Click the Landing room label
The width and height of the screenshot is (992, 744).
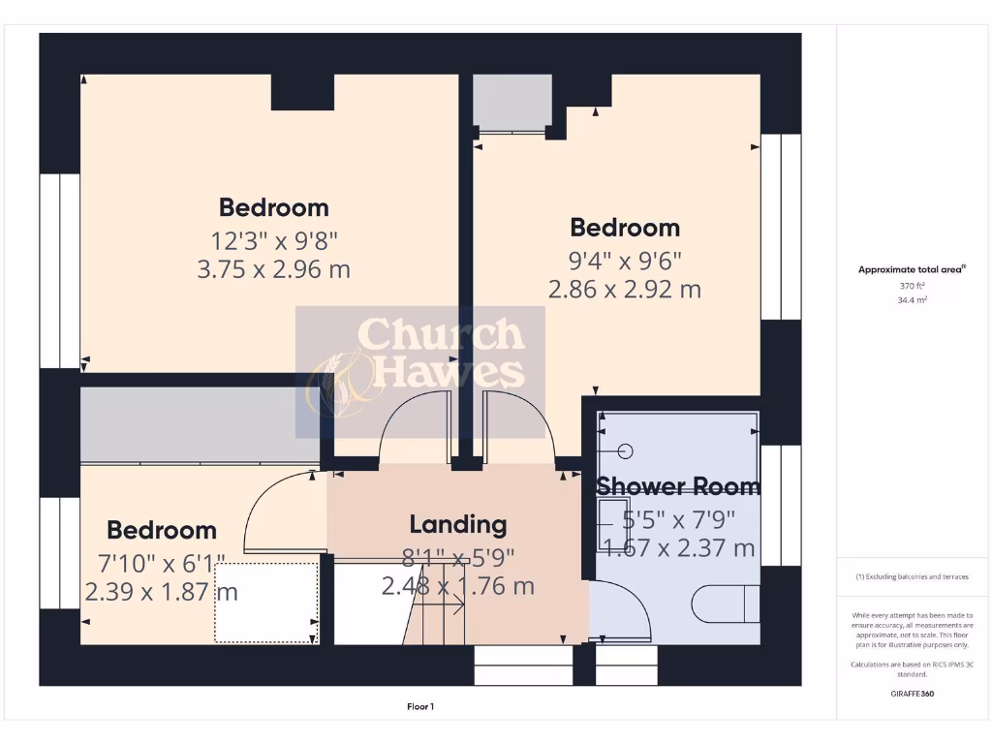click(457, 525)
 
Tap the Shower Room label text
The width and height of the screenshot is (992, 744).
click(677, 486)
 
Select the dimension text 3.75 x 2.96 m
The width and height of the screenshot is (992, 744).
click(273, 269)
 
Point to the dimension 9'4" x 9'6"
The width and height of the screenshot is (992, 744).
click(624, 260)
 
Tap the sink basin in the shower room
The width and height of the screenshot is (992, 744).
click(612, 513)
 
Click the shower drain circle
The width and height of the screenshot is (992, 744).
click(624, 450)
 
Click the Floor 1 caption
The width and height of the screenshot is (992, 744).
click(420, 707)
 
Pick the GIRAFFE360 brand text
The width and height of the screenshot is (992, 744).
click(910, 694)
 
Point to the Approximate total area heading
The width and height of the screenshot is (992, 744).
click(912, 270)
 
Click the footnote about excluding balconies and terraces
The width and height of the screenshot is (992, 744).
click(911, 576)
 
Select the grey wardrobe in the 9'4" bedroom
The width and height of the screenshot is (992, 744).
click(511, 101)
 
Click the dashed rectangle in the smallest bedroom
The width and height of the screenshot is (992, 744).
click(266, 603)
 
